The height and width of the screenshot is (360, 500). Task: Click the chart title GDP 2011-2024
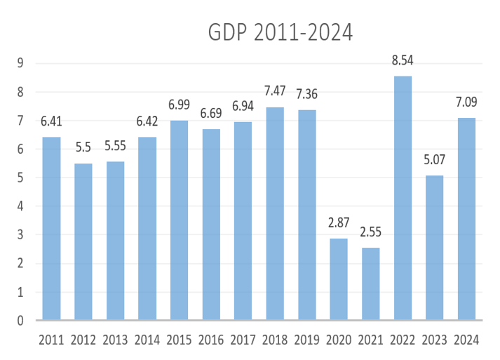tap(281, 32)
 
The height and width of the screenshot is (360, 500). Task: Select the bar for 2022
tap(402, 198)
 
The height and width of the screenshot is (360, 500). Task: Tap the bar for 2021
tap(370, 284)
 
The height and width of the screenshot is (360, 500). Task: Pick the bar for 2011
tap(52, 228)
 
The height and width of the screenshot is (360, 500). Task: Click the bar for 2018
tap(275, 213)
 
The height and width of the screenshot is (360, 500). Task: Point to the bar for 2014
tap(147, 228)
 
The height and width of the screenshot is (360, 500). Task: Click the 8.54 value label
tap(403, 61)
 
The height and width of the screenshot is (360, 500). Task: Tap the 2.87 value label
tap(339, 224)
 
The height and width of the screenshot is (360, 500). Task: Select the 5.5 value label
tap(83, 149)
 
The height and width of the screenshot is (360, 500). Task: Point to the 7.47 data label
tap(275, 92)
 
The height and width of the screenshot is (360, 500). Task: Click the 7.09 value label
tap(466, 103)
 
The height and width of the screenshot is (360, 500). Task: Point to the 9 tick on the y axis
tap(21, 63)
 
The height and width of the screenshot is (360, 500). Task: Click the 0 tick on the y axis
tap(21, 321)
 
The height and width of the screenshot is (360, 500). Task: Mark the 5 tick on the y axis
tap(21, 178)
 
